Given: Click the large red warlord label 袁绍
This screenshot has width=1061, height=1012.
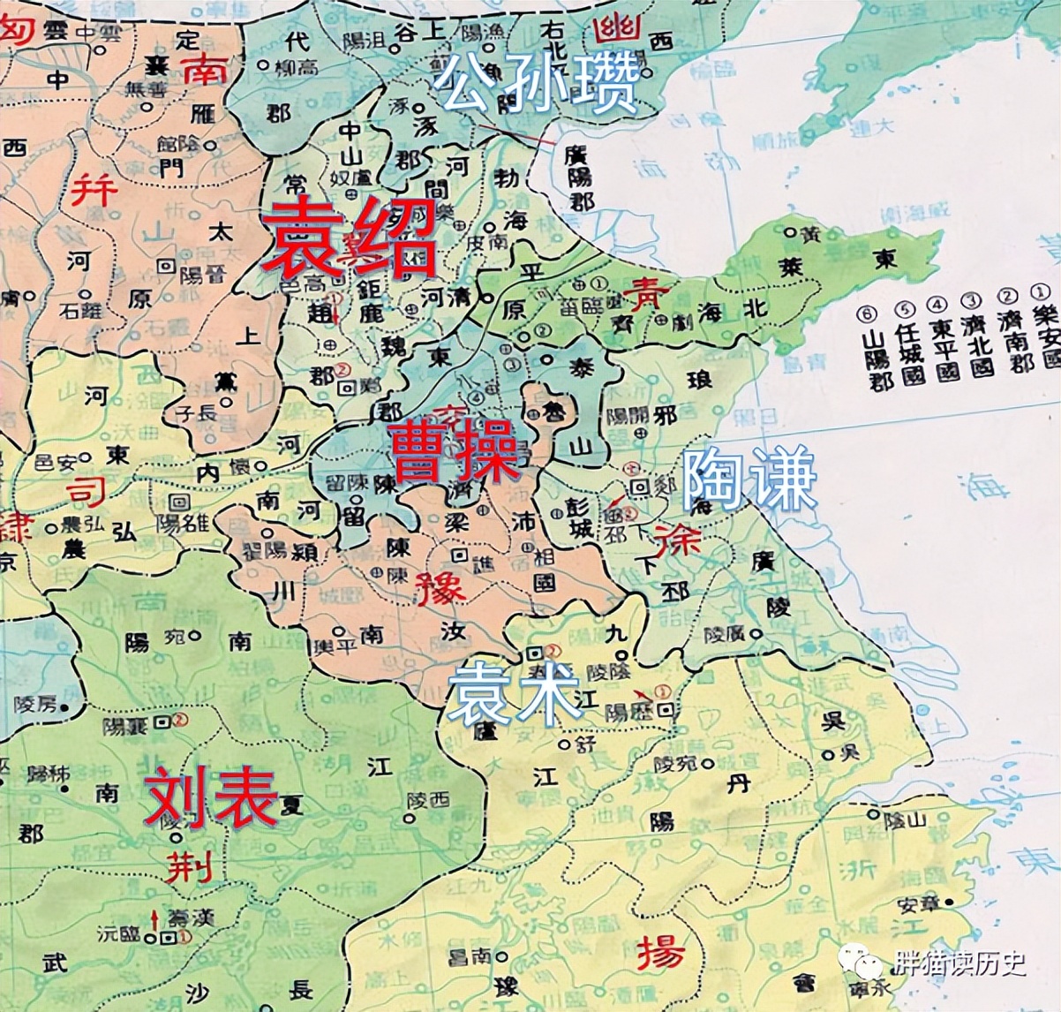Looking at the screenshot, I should point(349,236).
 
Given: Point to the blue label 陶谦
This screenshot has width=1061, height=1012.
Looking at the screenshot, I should point(749,480).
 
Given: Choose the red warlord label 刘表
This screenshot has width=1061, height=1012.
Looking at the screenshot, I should point(212,797).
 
